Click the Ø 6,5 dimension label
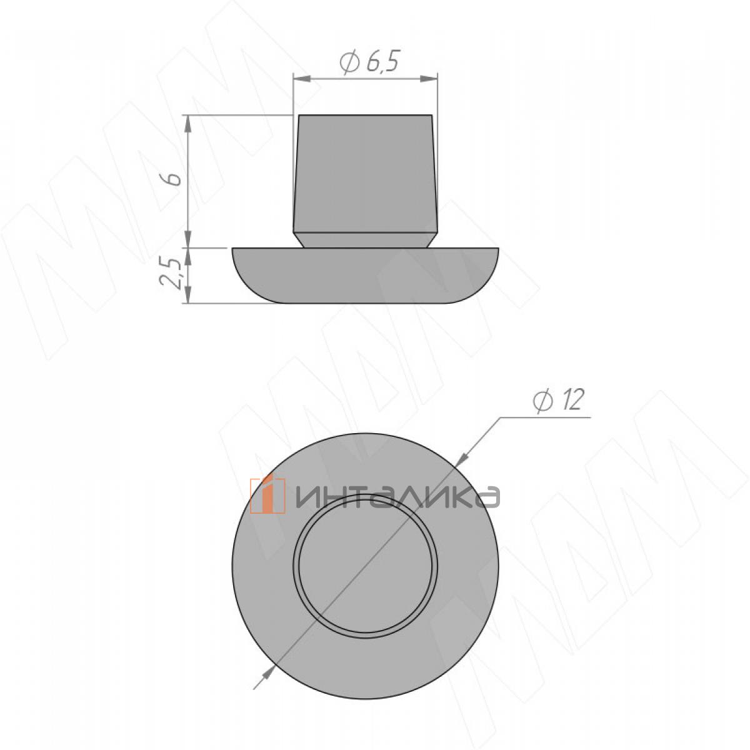369,62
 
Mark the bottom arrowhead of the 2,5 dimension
188,294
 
